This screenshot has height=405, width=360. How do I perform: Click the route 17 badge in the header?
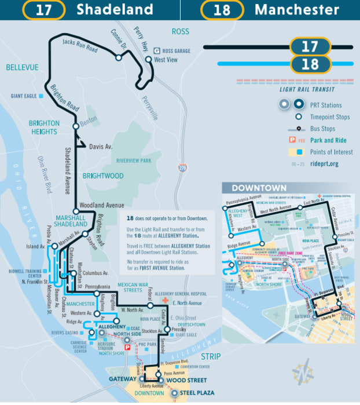[x=44, y=10]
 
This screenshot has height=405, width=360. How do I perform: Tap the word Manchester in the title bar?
[x=296, y=10]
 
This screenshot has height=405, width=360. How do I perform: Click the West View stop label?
[x=165, y=60]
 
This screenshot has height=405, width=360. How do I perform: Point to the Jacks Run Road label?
[x=79, y=45]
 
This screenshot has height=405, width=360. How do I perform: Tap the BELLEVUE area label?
[x=22, y=68]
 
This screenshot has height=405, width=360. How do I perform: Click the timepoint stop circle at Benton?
[x=75, y=126]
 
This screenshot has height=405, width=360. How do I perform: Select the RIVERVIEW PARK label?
[x=133, y=160]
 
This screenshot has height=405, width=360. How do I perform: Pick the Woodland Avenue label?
[x=102, y=205]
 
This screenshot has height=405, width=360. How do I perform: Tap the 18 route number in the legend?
[x=310, y=64]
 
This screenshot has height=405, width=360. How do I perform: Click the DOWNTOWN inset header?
[x=259, y=188]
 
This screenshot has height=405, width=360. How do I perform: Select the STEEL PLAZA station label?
[x=197, y=393]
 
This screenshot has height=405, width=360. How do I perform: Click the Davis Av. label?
[x=100, y=147]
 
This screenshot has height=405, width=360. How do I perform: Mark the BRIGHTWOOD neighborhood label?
[x=103, y=176]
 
